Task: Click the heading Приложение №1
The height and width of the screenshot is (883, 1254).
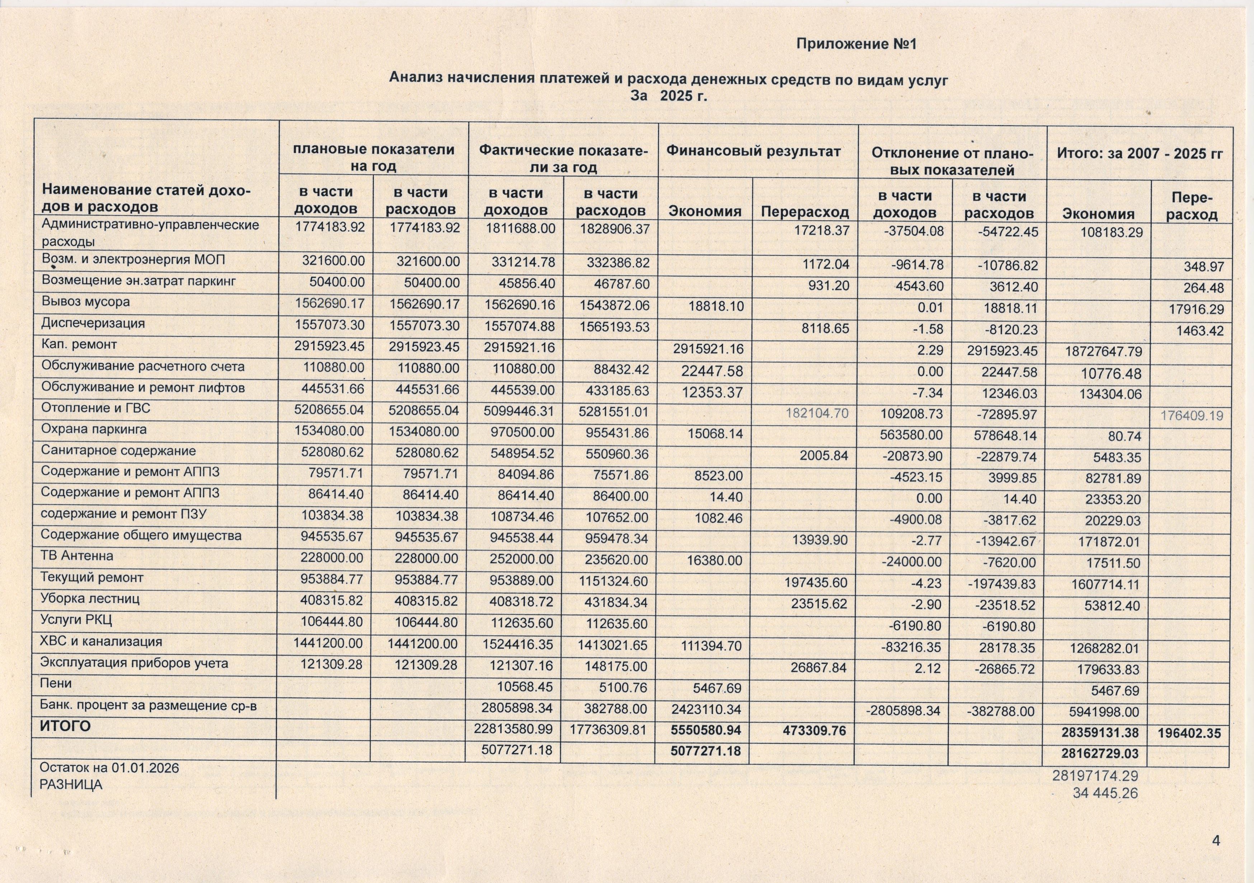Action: (856, 44)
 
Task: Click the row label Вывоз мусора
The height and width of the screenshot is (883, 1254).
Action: (86, 301)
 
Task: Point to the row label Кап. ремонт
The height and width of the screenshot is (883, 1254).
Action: (79, 344)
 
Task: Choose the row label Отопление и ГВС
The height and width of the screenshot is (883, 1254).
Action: (95, 408)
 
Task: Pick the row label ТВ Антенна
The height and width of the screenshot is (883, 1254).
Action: (77, 556)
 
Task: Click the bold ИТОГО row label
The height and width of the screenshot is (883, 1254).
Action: (65, 726)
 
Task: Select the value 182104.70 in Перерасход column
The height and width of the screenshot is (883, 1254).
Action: (817, 413)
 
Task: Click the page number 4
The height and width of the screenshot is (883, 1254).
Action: (1216, 840)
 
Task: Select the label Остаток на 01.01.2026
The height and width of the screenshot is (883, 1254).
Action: (109, 768)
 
